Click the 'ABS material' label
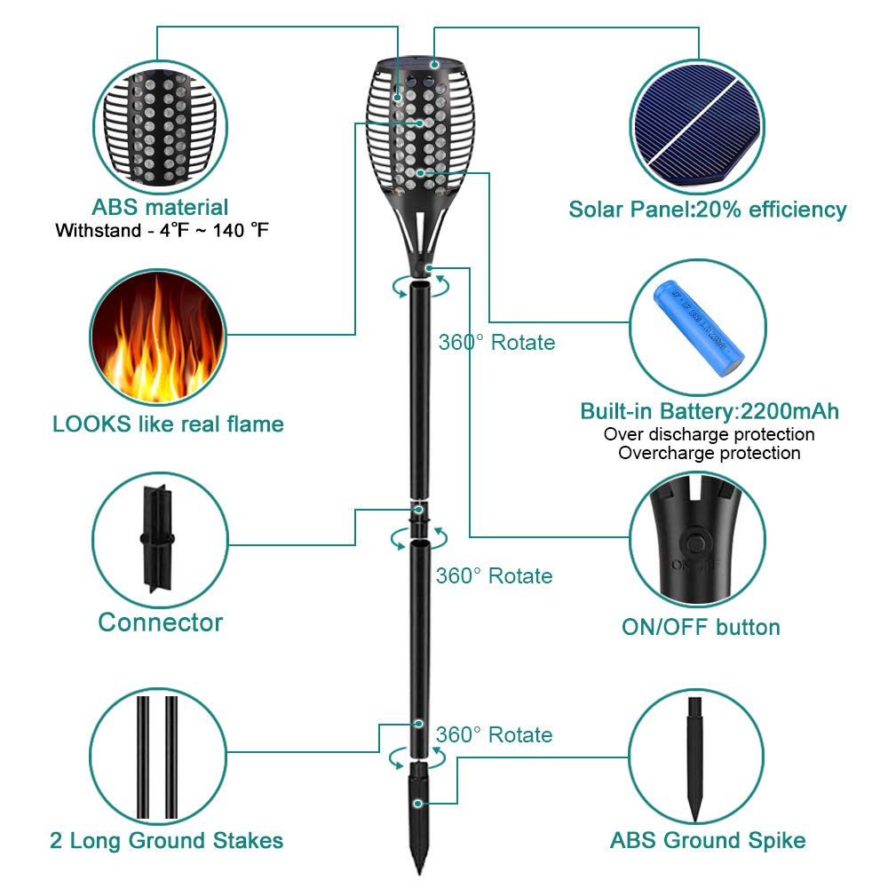point(160,208)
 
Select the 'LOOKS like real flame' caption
point(168,424)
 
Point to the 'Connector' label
point(160,622)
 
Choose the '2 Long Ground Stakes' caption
point(166,840)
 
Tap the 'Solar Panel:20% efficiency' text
point(707,210)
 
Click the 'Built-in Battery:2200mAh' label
point(709,411)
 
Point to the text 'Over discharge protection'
point(709,434)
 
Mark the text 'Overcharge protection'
point(709,453)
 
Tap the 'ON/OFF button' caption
point(700,627)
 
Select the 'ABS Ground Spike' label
point(708,840)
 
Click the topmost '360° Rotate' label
point(496,342)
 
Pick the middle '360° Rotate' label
point(494,575)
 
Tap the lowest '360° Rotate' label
point(494,734)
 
